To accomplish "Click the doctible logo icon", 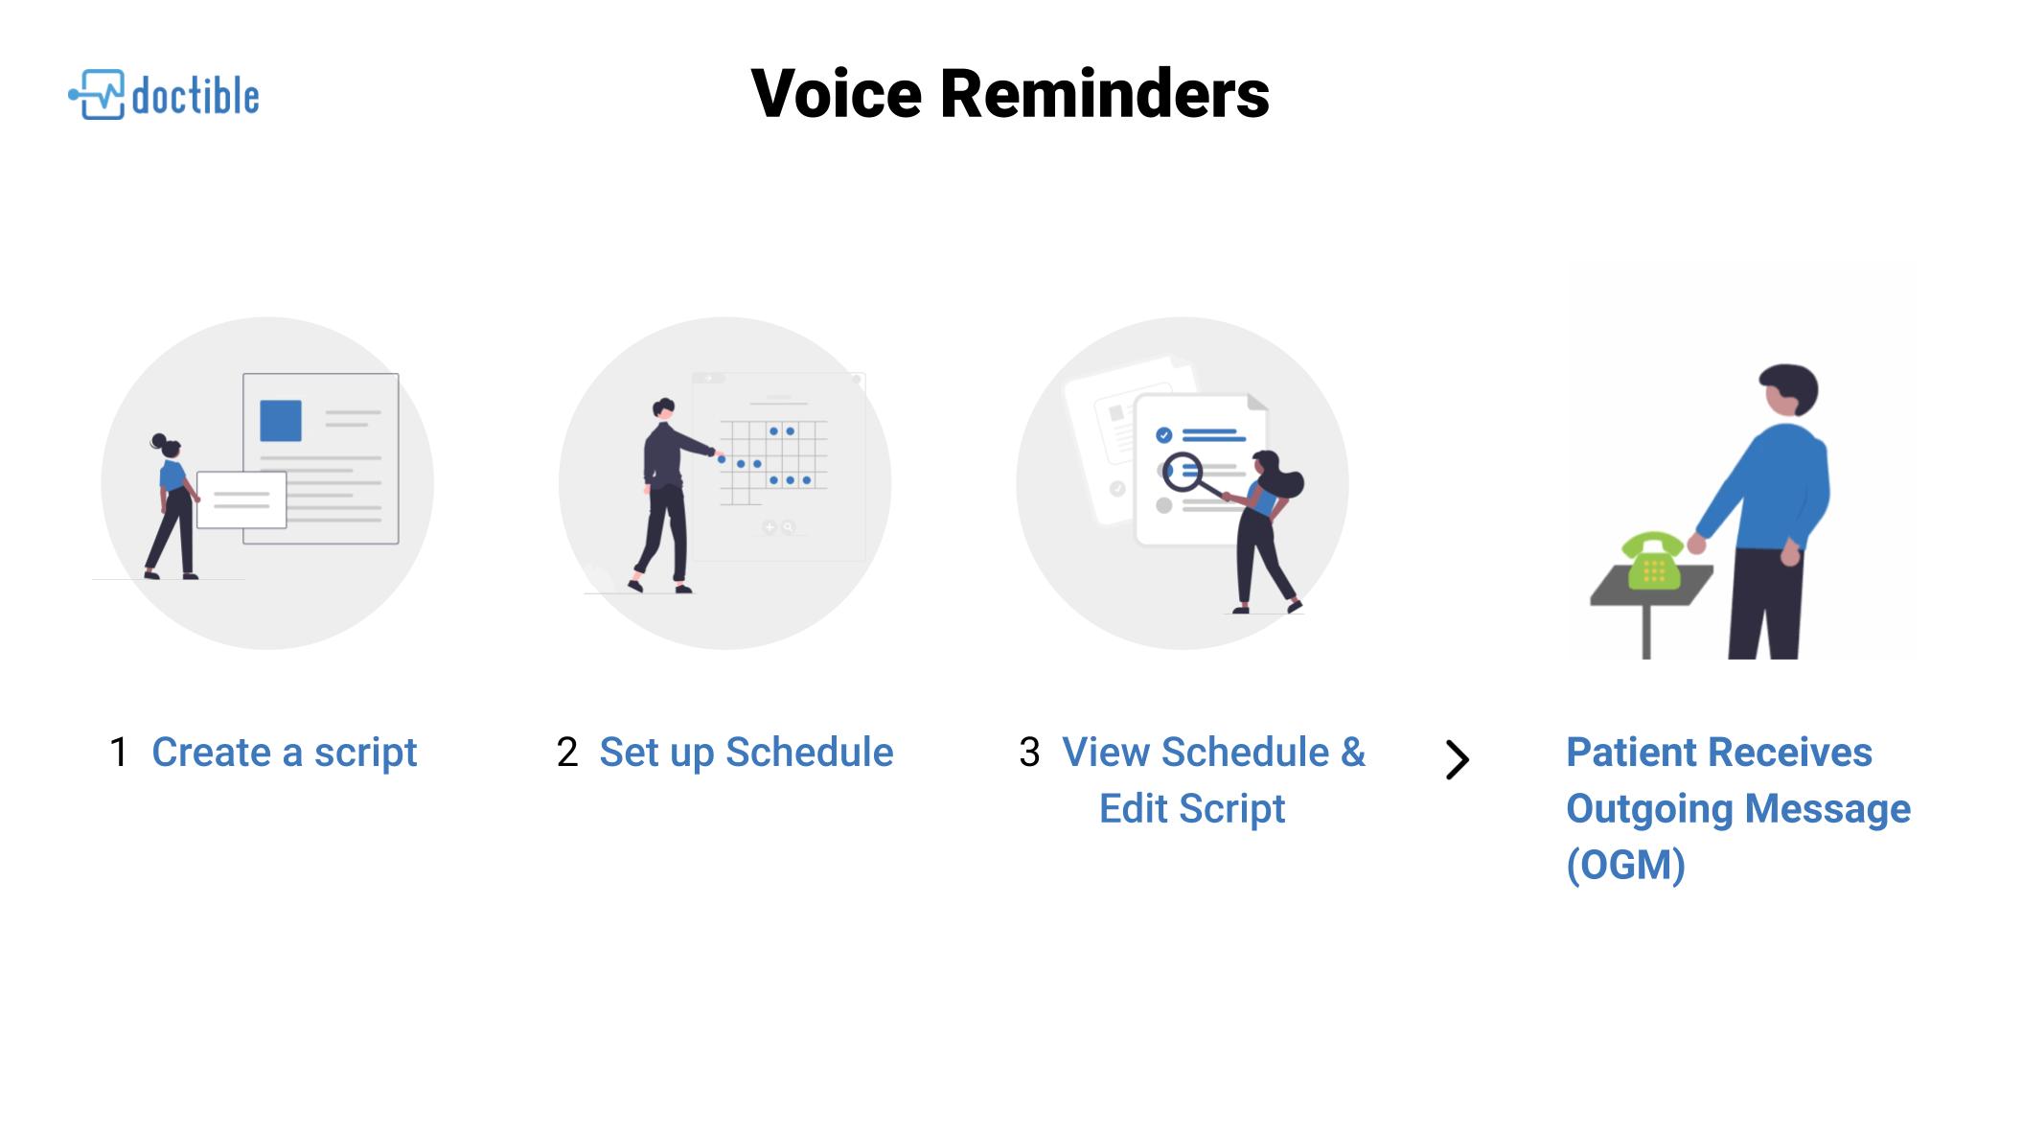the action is [97, 94].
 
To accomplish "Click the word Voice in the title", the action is [836, 94].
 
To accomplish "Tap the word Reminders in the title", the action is [1105, 94].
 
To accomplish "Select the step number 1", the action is [119, 753].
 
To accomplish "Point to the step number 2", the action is [567, 753].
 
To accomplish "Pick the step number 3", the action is [1029, 753].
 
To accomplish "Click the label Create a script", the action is [285, 754].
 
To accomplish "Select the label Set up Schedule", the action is [747, 754].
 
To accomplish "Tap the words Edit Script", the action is [1192, 809].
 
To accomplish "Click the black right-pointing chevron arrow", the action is [1457, 760].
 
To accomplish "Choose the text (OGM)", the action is [1626, 865].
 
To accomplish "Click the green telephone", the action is [1652, 561].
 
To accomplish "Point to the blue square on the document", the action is [281, 421].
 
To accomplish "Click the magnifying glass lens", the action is [1183, 472].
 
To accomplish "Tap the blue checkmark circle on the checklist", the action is [1164, 435].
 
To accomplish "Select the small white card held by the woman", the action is [241, 499].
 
